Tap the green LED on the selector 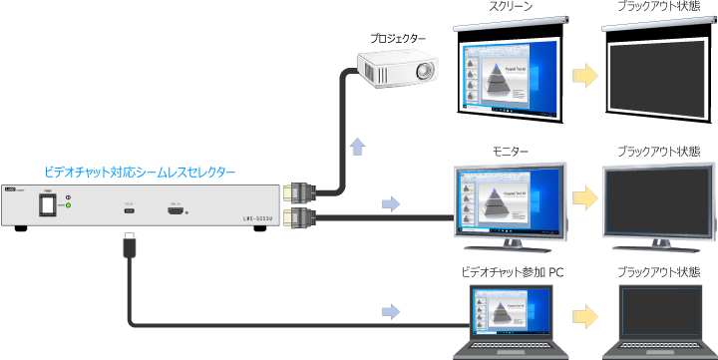(67, 206)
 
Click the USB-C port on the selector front (129, 210)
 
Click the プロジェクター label (397, 39)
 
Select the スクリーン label (511, 7)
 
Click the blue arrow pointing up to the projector (357, 148)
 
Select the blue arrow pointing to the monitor (391, 204)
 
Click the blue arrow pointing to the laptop (391, 312)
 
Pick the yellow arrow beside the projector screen (585, 73)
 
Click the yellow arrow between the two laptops (585, 314)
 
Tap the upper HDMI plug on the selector (299, 190)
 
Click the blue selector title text (141, 172)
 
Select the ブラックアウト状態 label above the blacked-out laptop (658, 271)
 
